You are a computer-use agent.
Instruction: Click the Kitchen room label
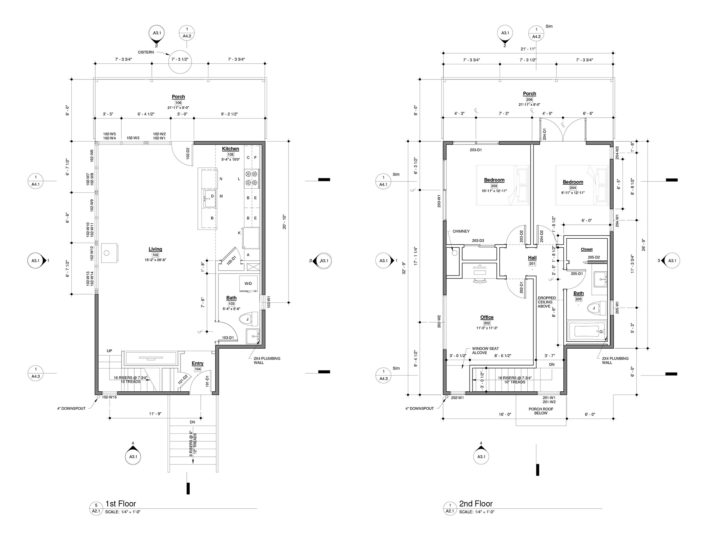(231, 149)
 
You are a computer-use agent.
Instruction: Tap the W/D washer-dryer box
(248, 284)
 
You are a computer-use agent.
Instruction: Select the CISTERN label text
(146, 52)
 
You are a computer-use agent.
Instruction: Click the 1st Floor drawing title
(121, 504)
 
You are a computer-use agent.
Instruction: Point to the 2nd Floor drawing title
(476, 504)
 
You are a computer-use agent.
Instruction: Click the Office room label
(487, 317)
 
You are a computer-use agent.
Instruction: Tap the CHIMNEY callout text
(461, 231)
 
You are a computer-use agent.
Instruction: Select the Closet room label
(587, 249)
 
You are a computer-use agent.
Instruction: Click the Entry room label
(197, 363)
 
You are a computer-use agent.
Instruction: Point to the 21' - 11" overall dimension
(528, 49)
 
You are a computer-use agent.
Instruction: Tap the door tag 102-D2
(188, 153)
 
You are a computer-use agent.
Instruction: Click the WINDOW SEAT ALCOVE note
(485, 351)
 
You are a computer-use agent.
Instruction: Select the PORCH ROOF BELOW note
(541, 411)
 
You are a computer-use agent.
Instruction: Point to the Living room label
(155, 249)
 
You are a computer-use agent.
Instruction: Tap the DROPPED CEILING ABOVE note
(547, 302)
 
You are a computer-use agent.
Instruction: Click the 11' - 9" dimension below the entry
(155, 414)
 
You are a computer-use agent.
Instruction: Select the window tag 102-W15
(109, 397)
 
